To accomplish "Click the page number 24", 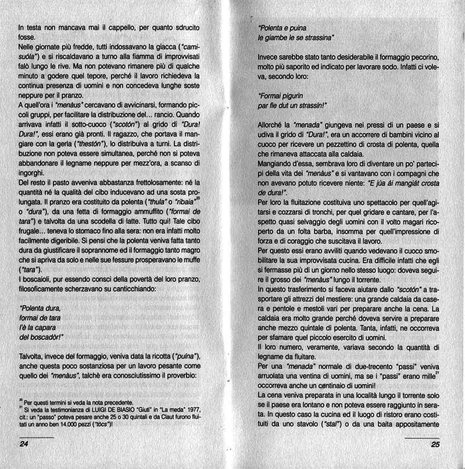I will tap(24, 445).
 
